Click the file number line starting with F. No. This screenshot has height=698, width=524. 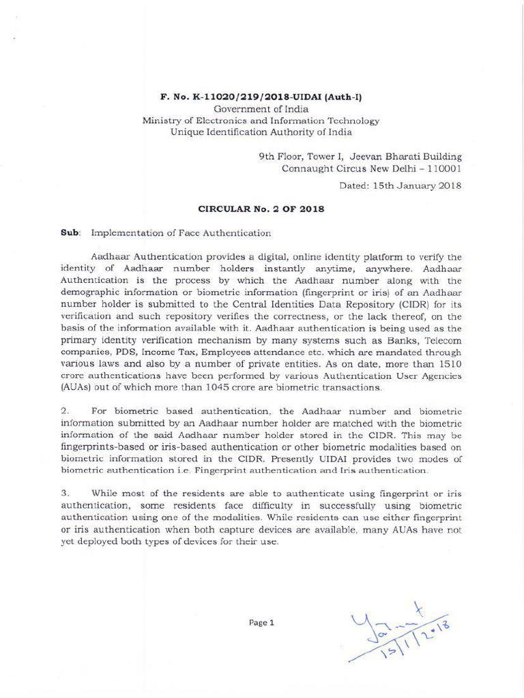pyautogui.click(x=261, y=97)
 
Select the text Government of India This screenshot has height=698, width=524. pyautogui.click(x=261, y=108)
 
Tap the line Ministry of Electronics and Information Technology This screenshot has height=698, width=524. pyautogui.click(x=261, y=121)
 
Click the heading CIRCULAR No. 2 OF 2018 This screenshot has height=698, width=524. pyautogui.click(x=261, y=209)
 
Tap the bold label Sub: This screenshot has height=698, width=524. pyautogui.click(x=71, y=233)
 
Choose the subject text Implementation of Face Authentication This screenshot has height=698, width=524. pyautogui.click(x=181, y=233)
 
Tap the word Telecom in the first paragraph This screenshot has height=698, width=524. pyautogui.click(x=443, y=340)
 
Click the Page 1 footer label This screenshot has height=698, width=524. pyautogui.click(x=261, y=622)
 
